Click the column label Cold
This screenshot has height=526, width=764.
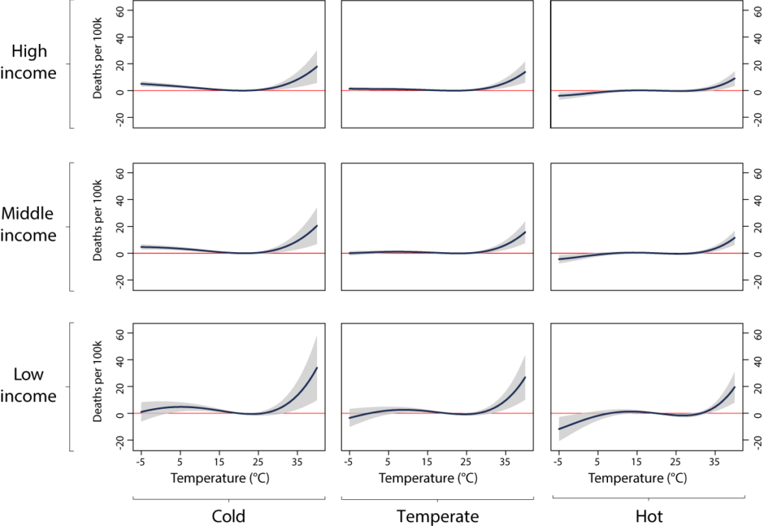(x=228, y=516)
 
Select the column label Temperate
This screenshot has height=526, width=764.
(x=436, y=516)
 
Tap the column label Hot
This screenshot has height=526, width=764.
(x=648, y=516)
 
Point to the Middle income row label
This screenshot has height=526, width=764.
(x=29, y=225)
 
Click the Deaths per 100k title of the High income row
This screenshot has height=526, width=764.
(x=97, y=65)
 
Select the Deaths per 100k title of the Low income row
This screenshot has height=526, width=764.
(x=97, y=387)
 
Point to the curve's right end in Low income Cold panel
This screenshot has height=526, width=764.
(x=317, y=367)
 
